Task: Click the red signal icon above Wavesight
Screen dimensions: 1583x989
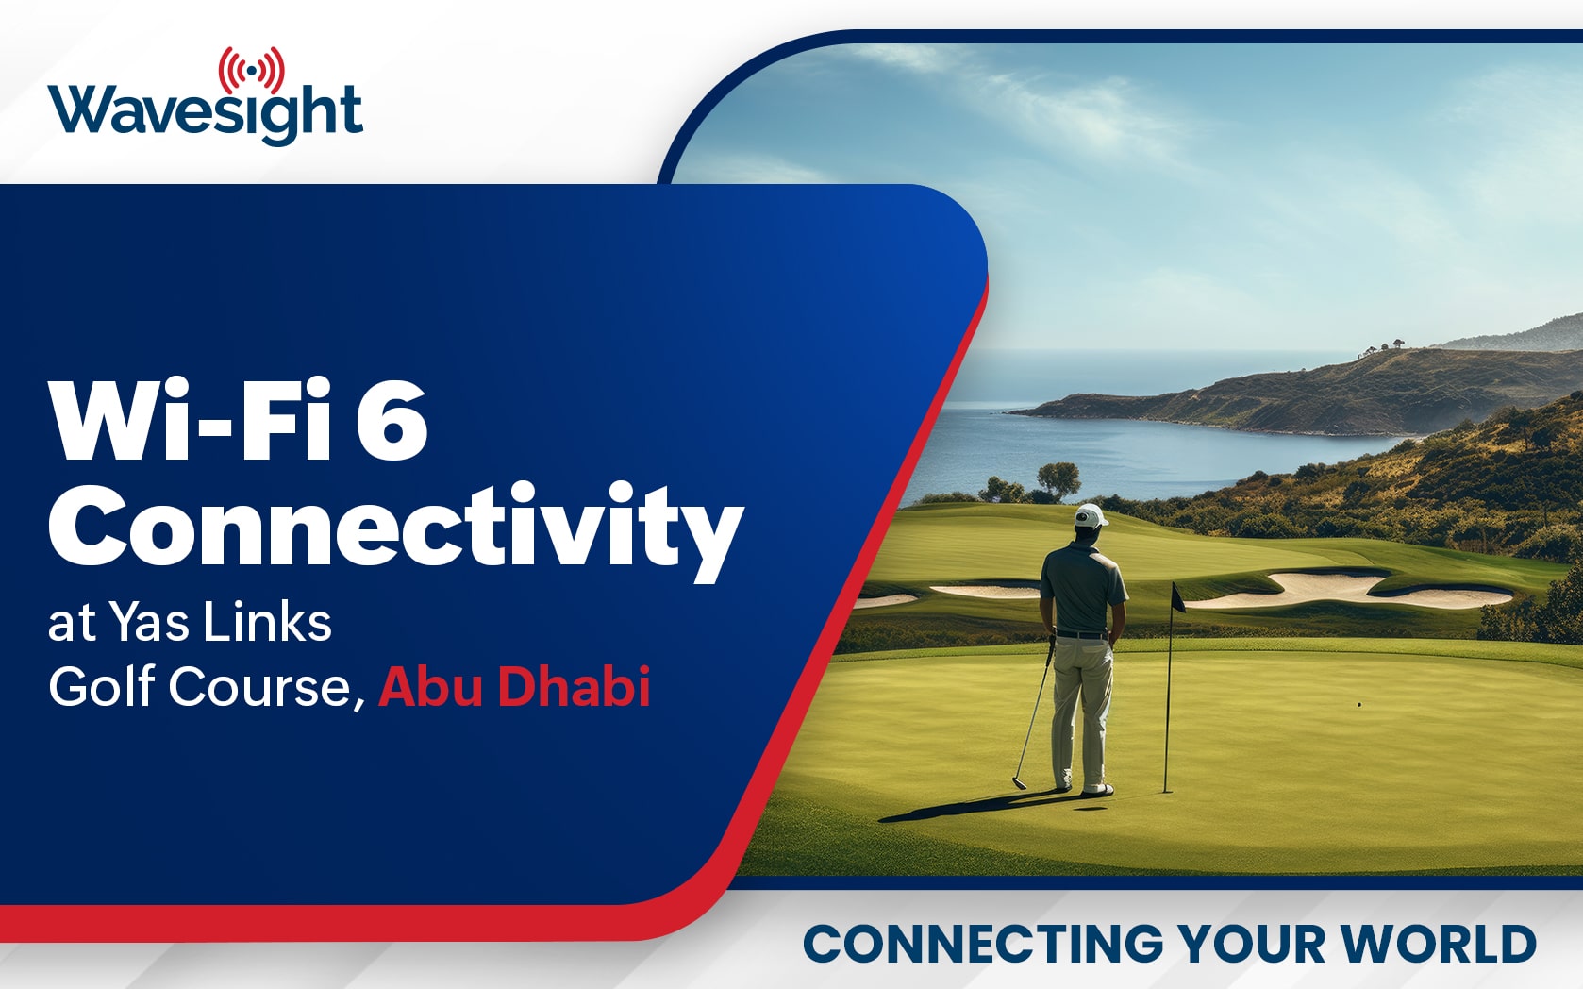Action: pos(252,71)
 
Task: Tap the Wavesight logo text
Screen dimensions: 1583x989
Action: pos(205,113)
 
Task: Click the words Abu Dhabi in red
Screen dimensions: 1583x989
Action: pos(514,686)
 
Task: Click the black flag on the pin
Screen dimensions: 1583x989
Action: pos(1178,597)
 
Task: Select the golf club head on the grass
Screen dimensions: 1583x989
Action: pos(1018,782)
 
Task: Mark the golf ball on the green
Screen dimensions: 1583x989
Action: pos(1359,705)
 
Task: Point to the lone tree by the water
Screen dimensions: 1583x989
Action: pos(1058,478)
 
